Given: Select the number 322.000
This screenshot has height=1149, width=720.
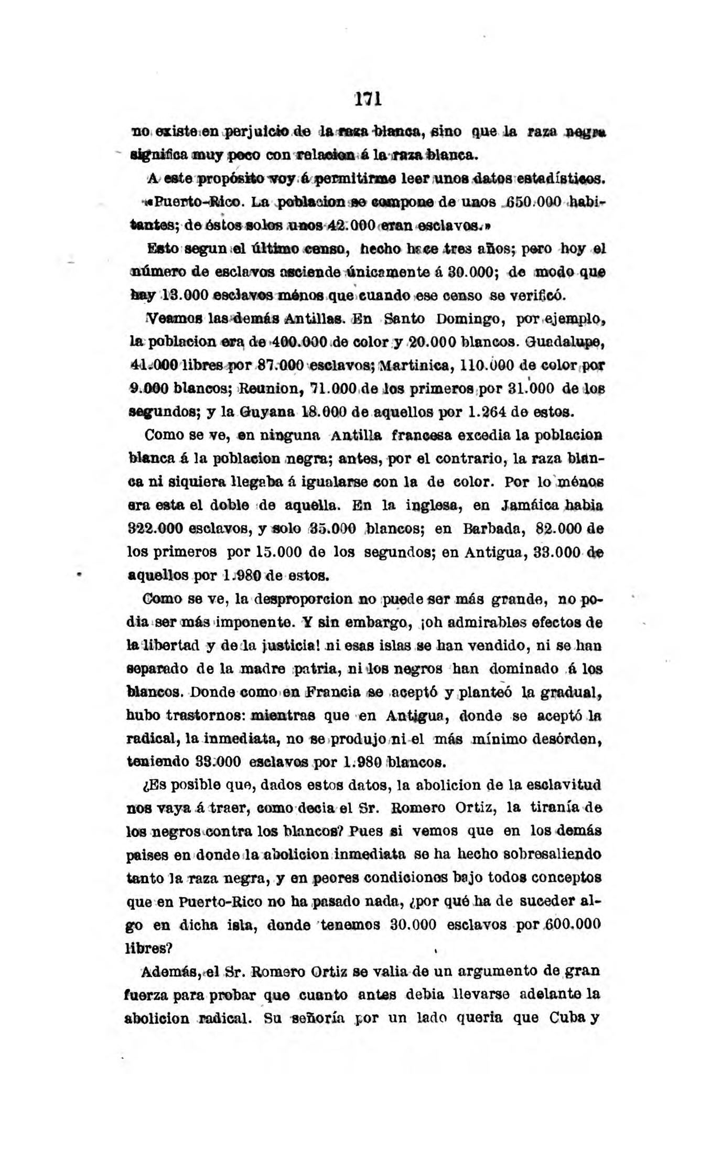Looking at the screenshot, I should (x=156, y=529).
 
